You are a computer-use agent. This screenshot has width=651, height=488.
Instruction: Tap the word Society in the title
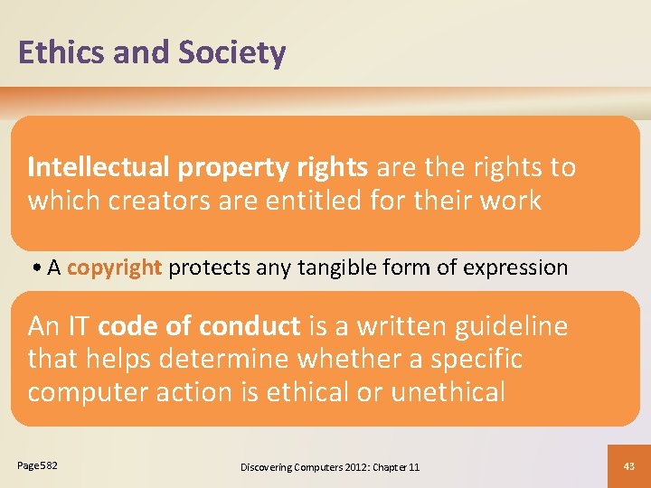232,52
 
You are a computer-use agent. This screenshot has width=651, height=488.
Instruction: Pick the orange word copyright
114,267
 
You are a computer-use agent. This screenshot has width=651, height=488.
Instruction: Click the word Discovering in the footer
269,466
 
